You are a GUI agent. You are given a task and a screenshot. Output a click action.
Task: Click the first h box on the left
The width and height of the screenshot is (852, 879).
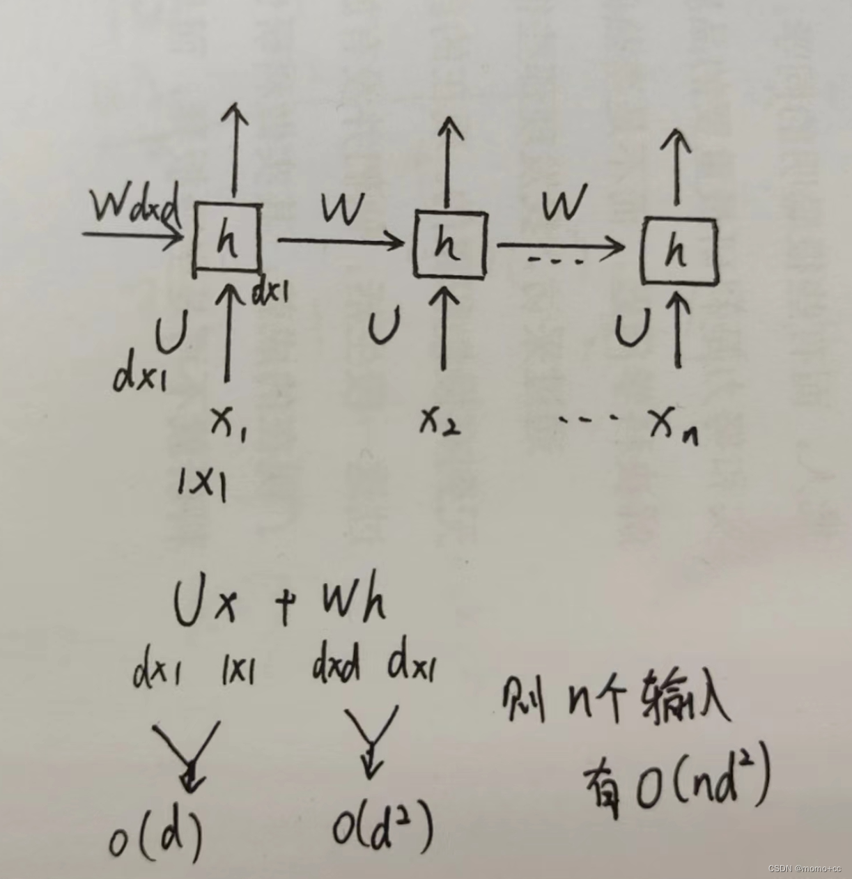[228, 239]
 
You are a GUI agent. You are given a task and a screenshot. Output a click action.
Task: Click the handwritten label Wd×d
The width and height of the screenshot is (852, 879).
[137, 205]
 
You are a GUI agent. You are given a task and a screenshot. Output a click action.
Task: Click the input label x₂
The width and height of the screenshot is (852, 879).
[440, 421]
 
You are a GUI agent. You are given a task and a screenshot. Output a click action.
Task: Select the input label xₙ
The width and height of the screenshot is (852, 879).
[672, 425]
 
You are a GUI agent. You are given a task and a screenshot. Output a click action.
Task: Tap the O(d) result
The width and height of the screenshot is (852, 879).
[156, 833]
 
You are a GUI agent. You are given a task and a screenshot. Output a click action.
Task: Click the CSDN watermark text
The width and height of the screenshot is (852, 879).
[805, 868]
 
